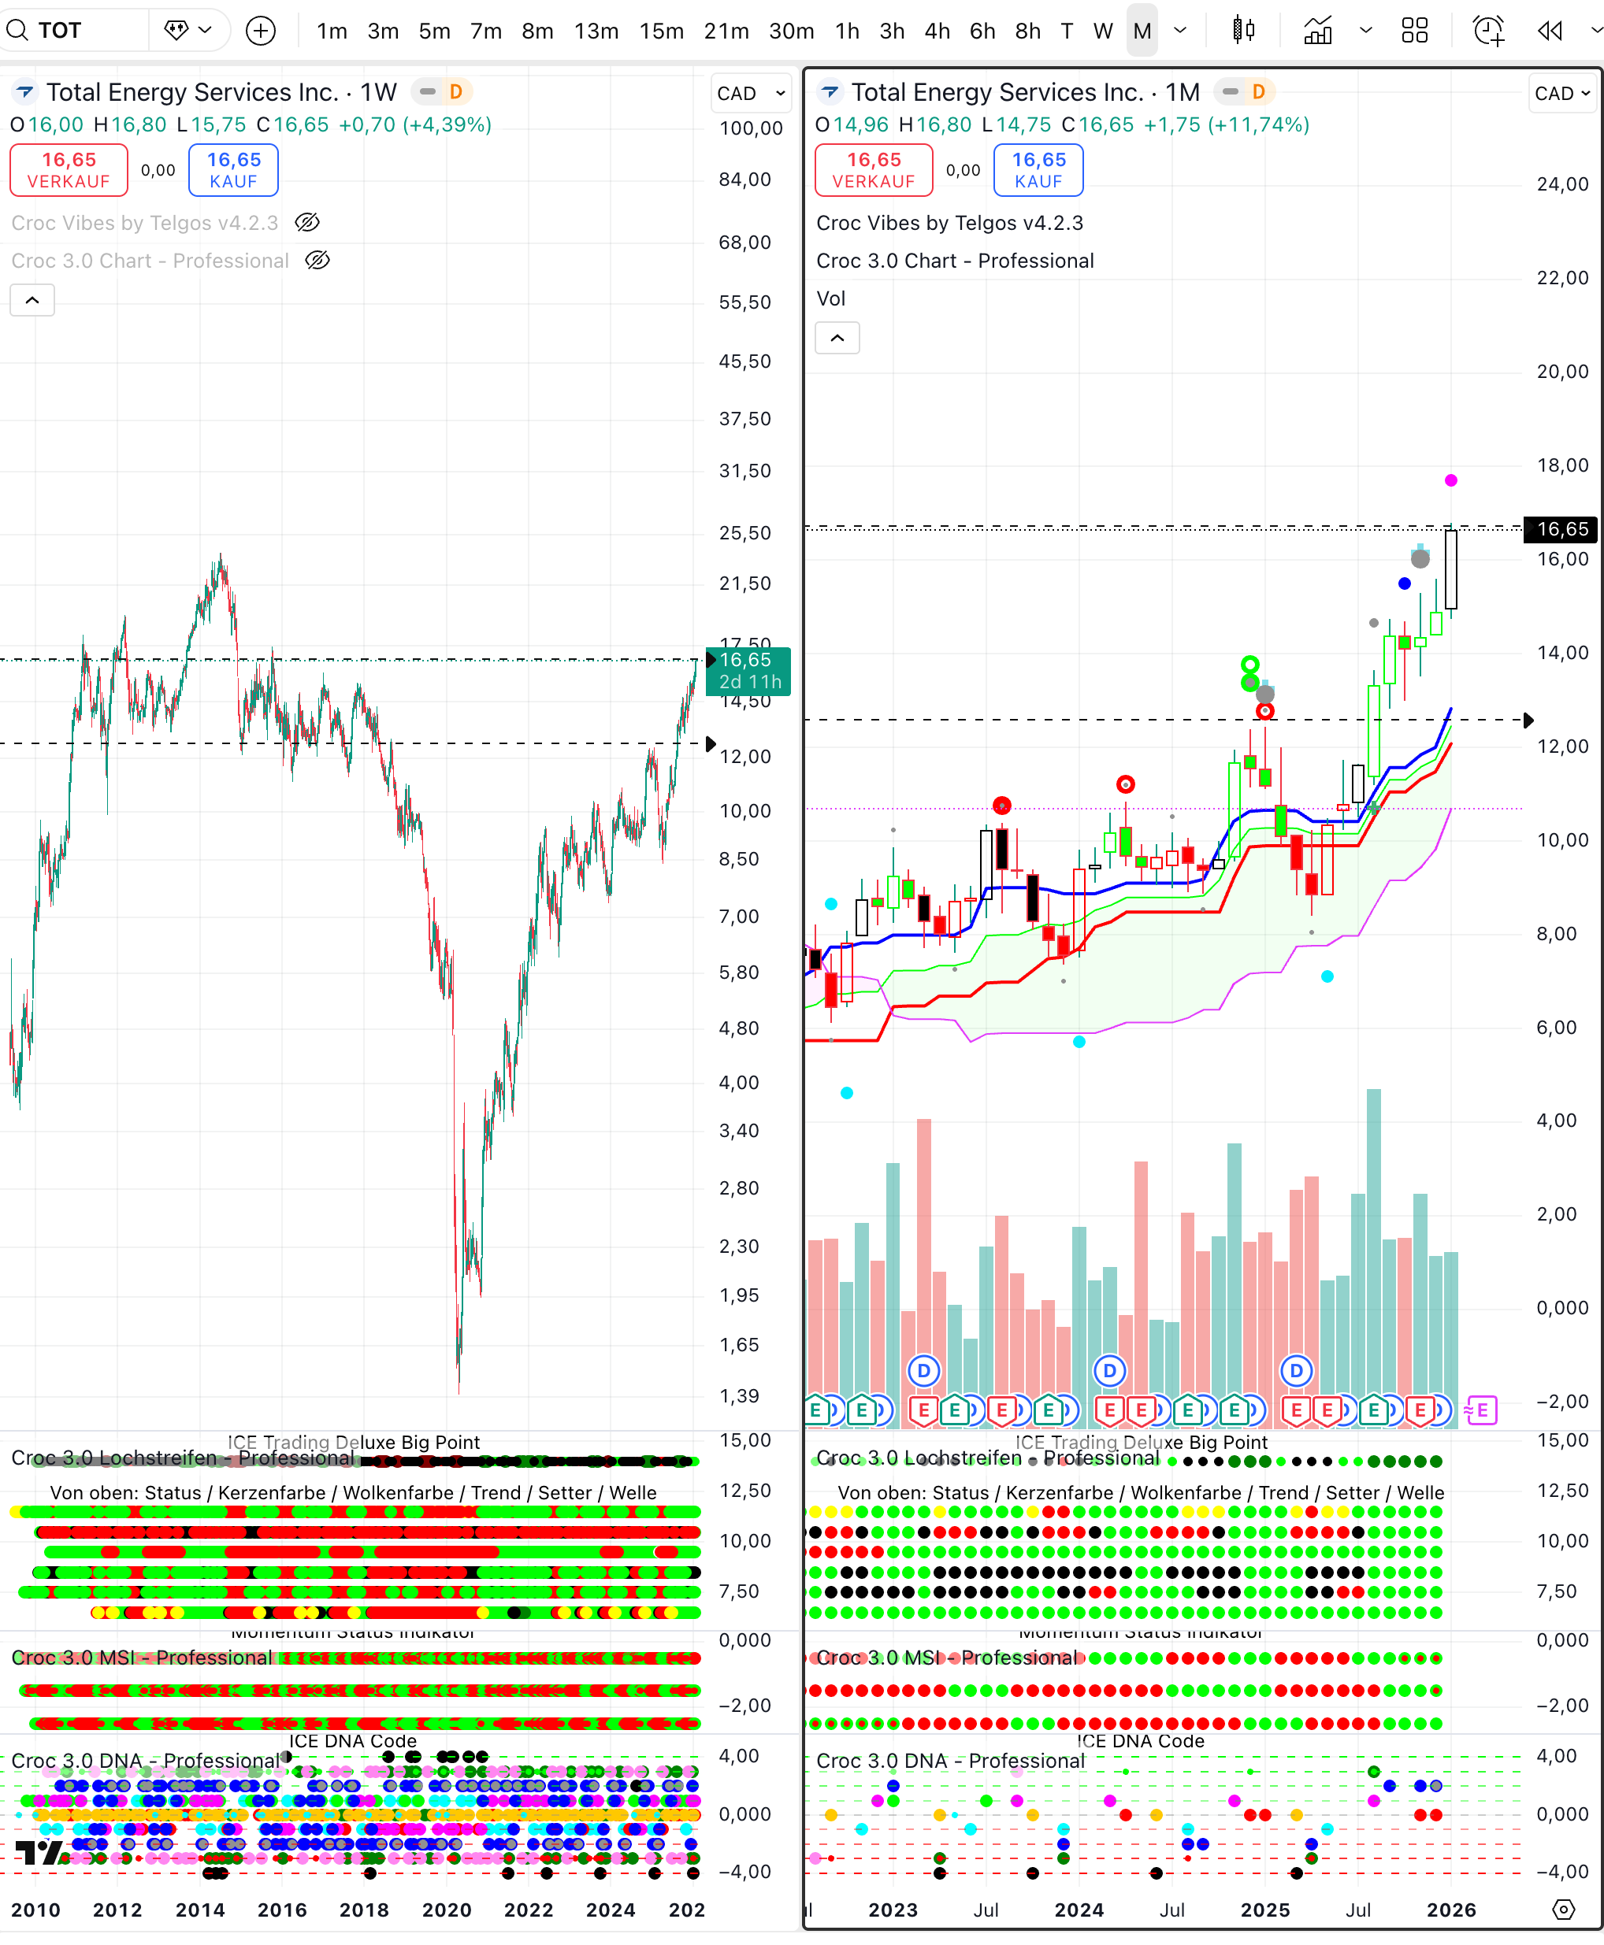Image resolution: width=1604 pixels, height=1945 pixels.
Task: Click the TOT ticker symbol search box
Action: [x=74, y=31]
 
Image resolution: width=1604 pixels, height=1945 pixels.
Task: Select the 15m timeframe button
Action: [x=661, y=31]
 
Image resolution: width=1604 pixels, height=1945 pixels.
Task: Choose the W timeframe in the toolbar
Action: [x=1102, y=31]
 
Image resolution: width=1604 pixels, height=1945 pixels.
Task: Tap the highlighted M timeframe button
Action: [x=1142, y=31]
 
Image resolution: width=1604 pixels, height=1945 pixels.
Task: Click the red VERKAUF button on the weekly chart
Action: [x=69, y=170]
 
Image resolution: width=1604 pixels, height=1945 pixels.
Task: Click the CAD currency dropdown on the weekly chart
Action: [x=750, y=93]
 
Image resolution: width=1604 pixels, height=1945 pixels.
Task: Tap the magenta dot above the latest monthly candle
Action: [x=1450, y=480]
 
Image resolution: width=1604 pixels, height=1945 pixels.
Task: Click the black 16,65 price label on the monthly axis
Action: [x=1562, y=529]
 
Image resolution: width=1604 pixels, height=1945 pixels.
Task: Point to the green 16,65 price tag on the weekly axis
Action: [x=748, y=670]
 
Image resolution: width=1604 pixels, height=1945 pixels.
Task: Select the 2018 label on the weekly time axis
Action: [x=364, y=1909]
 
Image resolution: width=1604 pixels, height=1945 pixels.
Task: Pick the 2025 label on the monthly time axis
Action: [x=1265, y=1909]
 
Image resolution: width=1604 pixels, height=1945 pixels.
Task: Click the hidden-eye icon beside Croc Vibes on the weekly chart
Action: [x=308, y=223]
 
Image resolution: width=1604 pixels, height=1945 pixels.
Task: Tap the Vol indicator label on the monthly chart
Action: [x=830, y=298]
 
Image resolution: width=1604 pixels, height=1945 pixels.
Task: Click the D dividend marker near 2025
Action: [x=1296, y=1370]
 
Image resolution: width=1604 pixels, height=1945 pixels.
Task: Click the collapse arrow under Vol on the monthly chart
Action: [x=837, y=338]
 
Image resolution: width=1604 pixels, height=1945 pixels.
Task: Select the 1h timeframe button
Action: [x=847, y=31]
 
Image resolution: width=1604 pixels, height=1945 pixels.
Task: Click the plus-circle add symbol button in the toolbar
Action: [x=261, y=31]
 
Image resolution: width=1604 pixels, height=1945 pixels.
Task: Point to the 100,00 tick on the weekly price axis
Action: [x=750, y=128]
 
